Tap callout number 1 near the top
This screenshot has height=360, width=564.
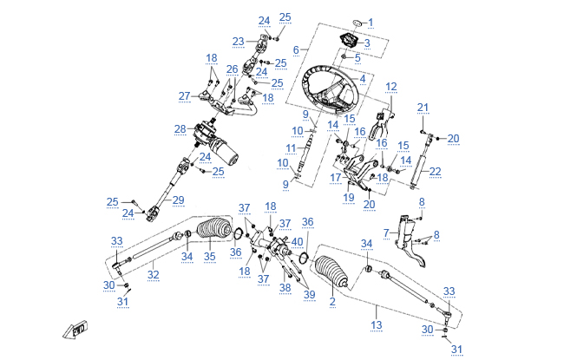pyautogui.click(x=371, y=23)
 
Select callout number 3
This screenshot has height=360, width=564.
pyautogui.click(x=366, y=43)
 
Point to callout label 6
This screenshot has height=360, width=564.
pyautogui.click(x=296, y=49)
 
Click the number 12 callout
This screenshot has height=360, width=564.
pyautogui.click(x=391, y=86)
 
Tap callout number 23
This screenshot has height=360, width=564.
pyautogui.click(x=238, y=41)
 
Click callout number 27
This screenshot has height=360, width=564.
pyautogui.click(x=183, y=95)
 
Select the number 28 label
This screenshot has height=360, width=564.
pyautogui.click(x=180, y=129)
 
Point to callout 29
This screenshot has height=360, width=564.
pyautogui.click(x=178, y=200)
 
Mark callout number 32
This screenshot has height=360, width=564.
pyautogui.click(x=153, y=275)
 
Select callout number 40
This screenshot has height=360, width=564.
pyautogui.click(x=298, y=241)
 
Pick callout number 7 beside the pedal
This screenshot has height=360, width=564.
pyautogui.click(x=385, y=232)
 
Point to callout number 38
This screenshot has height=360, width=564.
pyautogui.click(x=285, y=287)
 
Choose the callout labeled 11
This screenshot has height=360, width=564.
pyautogui.click(x=291, y=147)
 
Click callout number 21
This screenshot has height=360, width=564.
pyautogui.click(x=423, y=108)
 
